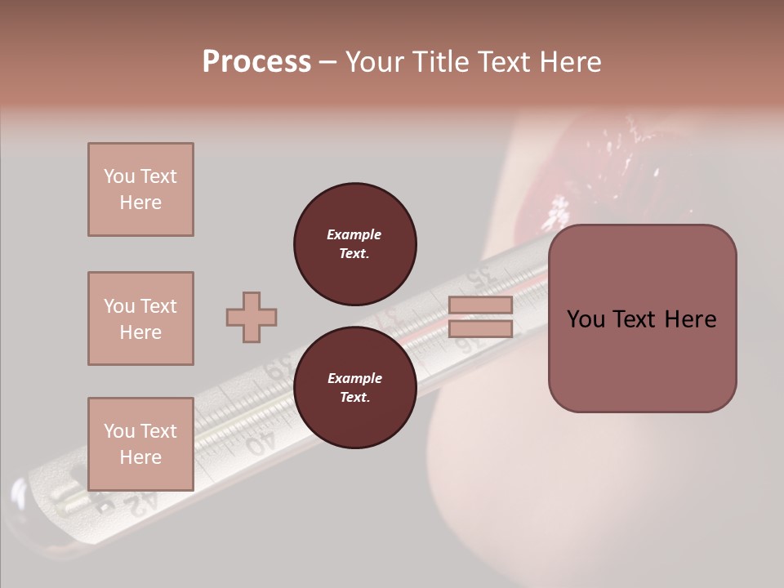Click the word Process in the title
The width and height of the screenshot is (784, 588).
click(256, 62)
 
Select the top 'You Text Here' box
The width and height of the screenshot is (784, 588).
click(140, 189)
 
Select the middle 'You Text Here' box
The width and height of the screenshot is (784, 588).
click(140, 318)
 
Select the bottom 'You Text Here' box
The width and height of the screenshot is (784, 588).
click(140, 444)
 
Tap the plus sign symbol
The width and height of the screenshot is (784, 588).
click(252, 318)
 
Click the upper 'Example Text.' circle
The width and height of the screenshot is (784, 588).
click(354, 244)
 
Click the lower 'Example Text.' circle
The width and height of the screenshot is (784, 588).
click(354, 388)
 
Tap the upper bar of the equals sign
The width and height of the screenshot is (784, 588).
click(480, 305)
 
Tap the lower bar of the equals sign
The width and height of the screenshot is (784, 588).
click(480, 329)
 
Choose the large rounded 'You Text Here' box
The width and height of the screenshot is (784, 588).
click(642, 318)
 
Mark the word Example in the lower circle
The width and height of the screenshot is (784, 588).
click(354, 378)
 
